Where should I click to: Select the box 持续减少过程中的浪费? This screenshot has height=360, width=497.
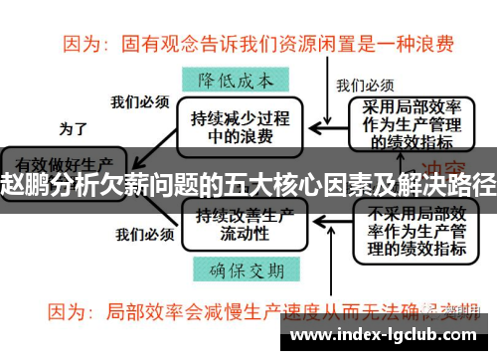point(242,123)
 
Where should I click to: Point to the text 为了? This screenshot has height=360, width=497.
point(74,128)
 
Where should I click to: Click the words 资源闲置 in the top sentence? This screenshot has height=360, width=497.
point(319,44)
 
